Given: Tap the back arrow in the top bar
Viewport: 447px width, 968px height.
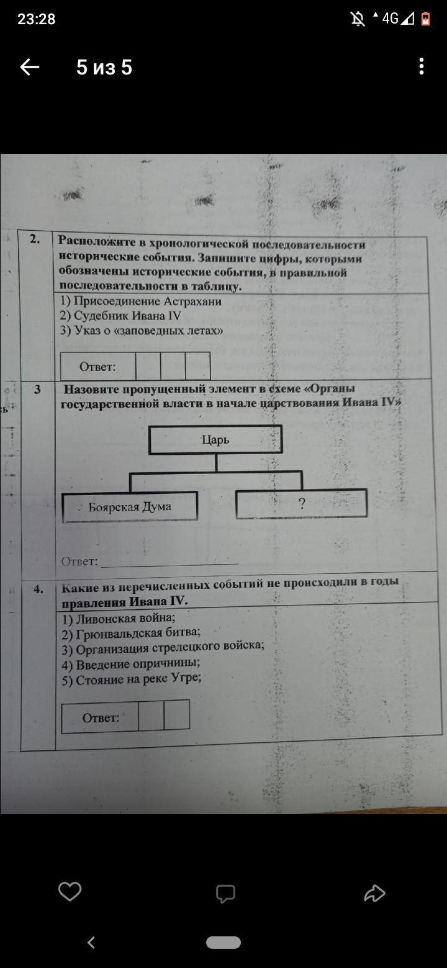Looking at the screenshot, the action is pos(30,68).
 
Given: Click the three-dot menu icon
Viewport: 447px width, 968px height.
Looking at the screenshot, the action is pos(422,66).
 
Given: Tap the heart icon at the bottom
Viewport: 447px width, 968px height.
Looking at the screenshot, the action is pos(70,891).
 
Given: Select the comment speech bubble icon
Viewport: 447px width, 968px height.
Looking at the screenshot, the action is pos(225,894).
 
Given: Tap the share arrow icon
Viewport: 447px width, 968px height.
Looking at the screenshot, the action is pos(374,894).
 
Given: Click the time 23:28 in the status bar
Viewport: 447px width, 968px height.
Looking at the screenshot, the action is pos(36,19).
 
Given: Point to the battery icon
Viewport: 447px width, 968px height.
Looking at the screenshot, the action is pos(425,19).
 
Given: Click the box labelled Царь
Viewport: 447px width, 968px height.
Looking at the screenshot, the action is pos(215,439).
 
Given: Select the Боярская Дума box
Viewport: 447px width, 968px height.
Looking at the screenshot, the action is pos(130,507).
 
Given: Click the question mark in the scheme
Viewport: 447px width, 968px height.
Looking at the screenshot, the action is pos(302,503).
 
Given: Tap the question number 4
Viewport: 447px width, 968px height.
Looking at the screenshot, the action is pos(38,589).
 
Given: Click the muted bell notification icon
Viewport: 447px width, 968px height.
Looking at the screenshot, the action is pos(358,19).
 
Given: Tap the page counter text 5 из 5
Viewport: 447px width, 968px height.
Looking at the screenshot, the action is pos(104,68).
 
